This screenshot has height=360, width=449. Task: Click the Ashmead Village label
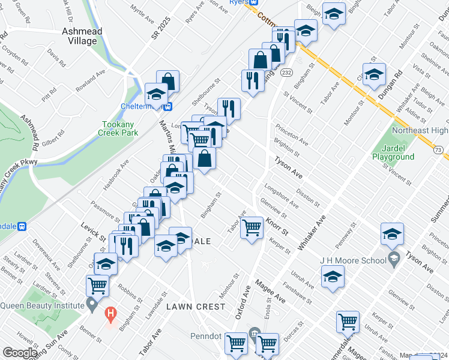pyautogui.click(x=82, y=36)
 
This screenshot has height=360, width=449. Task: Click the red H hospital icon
pyautogui.click(x=110, y=313)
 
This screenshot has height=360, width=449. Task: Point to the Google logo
pyautogui.click(x=20, y=353)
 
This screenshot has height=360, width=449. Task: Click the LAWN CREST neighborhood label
pyautogui.click(x=196, y=307)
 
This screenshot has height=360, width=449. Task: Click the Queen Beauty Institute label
pyautogui.click(x=42, y=305)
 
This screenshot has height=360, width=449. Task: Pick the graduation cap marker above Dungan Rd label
pyautogui.click(x=373, y=74)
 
